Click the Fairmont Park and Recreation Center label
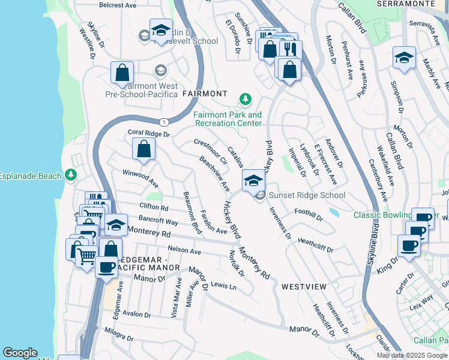point(228,119)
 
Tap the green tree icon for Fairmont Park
point(245,99)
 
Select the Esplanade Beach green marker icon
point(71,175)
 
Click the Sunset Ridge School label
point(307,195)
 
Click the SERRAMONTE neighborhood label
point(406,4)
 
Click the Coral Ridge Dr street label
point(149,133)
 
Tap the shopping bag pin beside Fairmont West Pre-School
point(122,73)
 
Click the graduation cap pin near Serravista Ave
point(405,59)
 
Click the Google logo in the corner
point(20,353)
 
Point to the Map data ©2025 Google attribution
point(412,355)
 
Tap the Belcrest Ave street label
point(118,5)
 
